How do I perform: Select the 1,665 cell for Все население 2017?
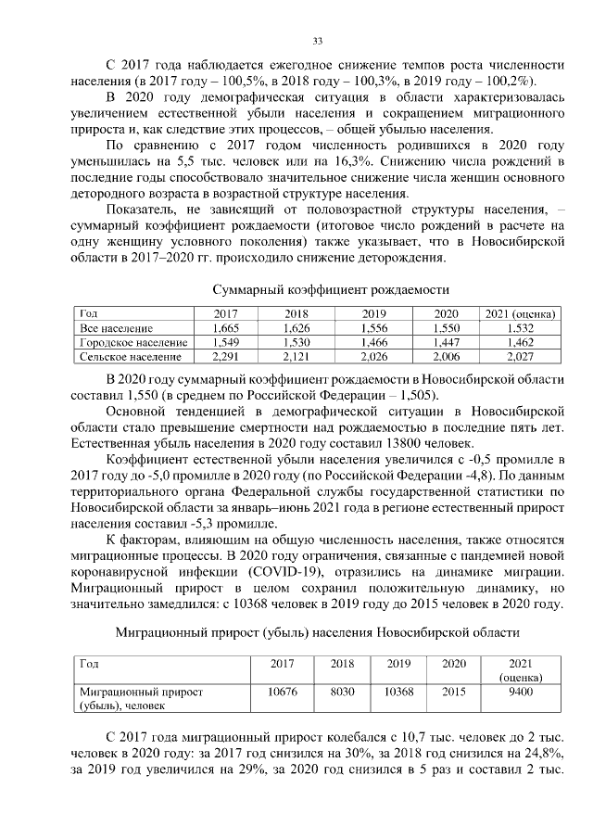pos(226,328)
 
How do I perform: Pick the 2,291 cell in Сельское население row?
pos(226,355)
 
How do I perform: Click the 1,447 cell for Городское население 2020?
pos(446,342)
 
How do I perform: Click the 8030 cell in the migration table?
pos(342,692)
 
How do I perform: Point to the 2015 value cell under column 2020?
pos(454,692)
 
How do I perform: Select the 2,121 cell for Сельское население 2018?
pos(297,355)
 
